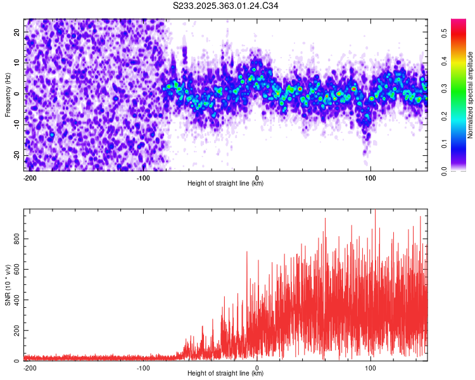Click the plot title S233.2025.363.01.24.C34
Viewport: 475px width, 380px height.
point(225,6)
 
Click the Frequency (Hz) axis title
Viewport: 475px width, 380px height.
point(8,94)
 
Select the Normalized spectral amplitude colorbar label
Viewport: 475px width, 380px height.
point(471,95)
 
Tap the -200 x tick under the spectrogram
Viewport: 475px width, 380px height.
point(29,177)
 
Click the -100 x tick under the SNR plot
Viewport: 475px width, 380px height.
point(143,367)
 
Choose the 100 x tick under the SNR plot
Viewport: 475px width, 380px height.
point(370,367)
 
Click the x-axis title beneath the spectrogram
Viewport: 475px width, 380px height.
point(225,184)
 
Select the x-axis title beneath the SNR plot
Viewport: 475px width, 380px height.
point(225,374)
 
